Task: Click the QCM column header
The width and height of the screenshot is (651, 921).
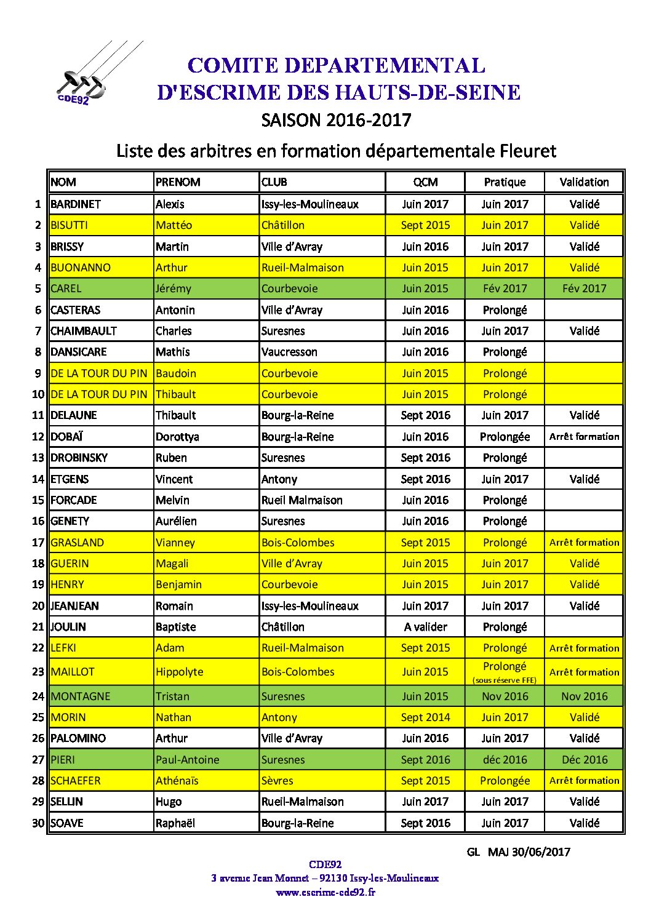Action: click(425, 182)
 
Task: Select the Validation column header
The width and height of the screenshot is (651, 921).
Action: click(584, 182)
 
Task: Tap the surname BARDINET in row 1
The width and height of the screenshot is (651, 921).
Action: click(76, 204)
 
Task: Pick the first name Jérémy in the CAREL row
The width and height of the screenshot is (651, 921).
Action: click(174, 289)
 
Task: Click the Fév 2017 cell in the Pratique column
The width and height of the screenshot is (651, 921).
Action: click(505, 289)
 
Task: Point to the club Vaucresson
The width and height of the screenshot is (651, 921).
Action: click(289, 352)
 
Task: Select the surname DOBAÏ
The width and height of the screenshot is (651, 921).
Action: click(66, 437)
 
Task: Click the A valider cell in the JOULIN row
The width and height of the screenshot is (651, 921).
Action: click(425, 627)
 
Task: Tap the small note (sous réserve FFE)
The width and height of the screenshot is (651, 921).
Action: click(505, 680)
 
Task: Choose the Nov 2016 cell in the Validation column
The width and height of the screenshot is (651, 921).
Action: click(584, 696)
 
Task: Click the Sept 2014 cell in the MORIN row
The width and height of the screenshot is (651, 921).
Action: click(425, 717)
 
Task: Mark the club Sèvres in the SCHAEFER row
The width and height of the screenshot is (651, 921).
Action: click(278, 781)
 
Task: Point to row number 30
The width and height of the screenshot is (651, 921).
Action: click(39, 823)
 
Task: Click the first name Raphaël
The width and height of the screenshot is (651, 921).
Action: click(175, 823)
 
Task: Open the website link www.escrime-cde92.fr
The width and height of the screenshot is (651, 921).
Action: click(325, 892)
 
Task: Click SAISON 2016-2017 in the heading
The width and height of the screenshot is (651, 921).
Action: click(336, 120)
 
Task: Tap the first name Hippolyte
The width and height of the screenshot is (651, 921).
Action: click(179, 672)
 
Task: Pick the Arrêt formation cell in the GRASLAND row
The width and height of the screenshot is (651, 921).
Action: click(584, 543)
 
